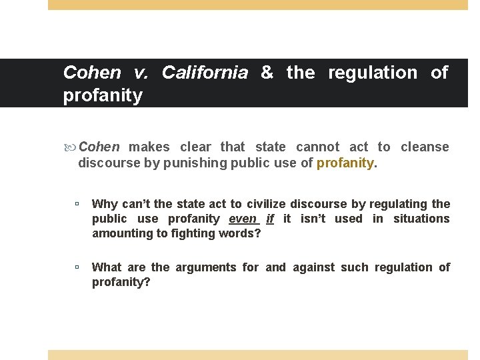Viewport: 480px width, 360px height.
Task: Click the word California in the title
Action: pos(205,73)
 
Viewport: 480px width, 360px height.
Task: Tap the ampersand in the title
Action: pos(267,73)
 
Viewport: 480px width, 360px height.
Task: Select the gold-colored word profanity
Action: pos(345,163)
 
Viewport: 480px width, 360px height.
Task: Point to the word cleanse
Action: pos(425,147)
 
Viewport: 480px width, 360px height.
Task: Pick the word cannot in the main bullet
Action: pos(317,147)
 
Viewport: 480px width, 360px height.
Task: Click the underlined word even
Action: pos(243,219)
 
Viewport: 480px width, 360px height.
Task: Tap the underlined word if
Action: pos(270,219)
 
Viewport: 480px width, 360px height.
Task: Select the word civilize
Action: pos(271,204)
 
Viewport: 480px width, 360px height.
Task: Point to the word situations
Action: pos(421,219)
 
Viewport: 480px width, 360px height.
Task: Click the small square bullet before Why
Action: pos(77,204)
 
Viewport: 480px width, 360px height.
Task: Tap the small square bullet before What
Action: pos(77,267)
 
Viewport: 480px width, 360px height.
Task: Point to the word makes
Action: pos(149,147)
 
